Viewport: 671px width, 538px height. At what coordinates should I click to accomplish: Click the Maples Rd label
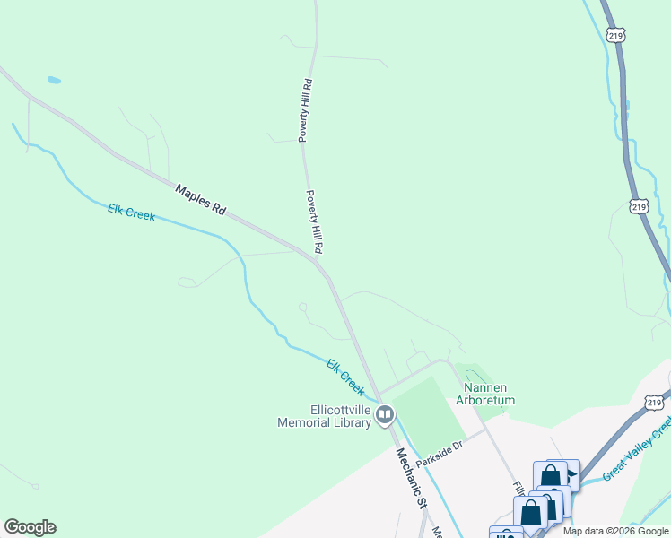(x=200, y=198)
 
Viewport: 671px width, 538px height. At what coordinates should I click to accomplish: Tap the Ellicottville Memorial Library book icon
(x=385, y=414)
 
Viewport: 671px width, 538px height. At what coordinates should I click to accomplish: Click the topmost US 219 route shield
(x=614, y=35)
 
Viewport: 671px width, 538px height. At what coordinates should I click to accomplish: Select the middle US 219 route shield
(x=638, y=206)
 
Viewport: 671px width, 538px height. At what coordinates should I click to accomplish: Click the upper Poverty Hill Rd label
(x=305, y=109)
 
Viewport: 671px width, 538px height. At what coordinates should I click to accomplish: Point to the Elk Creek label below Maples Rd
(x=132, y=213)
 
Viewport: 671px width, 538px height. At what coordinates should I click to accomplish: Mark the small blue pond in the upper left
(x=54, y=80)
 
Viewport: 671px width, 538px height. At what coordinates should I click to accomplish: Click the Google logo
(x=30, y=527)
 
